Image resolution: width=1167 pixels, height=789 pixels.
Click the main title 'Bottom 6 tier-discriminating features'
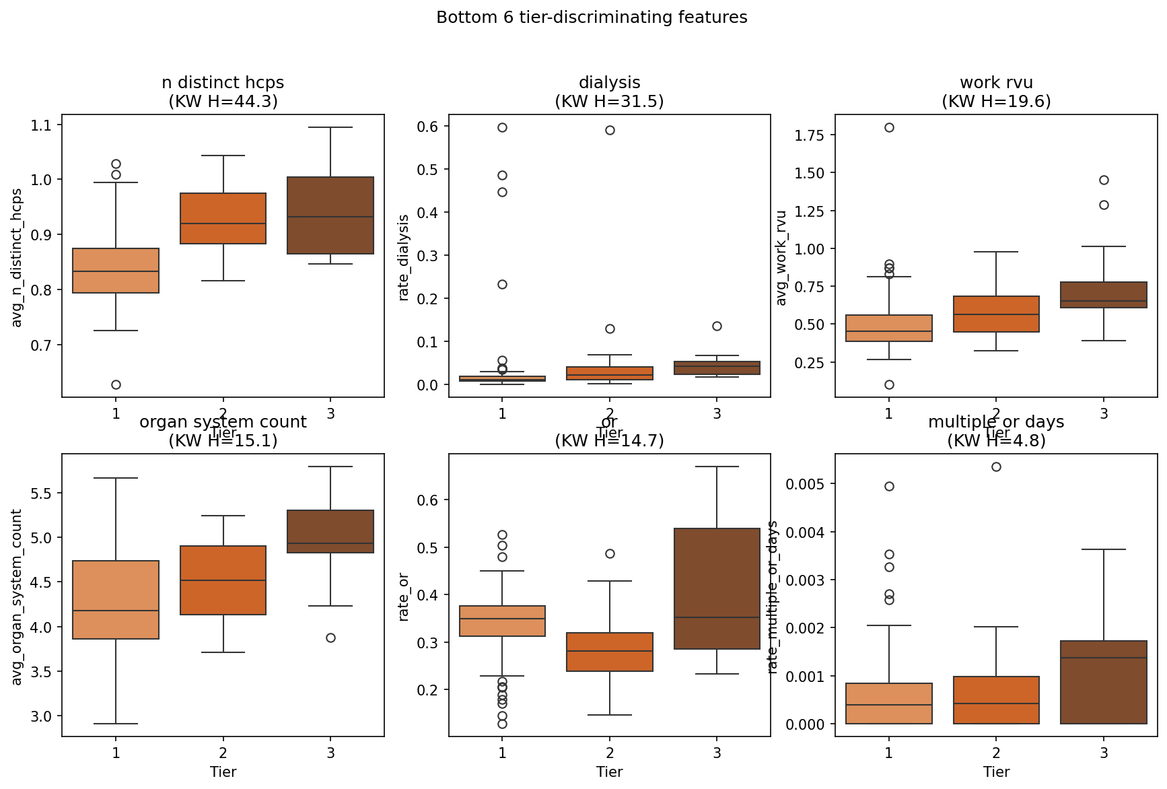tap(592, 18)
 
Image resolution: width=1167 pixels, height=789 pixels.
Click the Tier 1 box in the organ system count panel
tap(116, 599)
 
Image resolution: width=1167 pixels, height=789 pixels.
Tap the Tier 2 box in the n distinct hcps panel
tap(223, 218)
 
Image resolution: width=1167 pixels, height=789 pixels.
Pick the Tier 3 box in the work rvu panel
tap(1104, 295)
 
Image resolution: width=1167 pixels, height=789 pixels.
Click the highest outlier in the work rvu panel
tap(889, 127)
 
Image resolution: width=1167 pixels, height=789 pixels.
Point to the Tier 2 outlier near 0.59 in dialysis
tap(610, 130)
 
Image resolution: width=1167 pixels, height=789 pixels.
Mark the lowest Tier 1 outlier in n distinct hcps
tap(116, 384)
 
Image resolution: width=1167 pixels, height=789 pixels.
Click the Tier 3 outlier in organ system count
tap(330, 638)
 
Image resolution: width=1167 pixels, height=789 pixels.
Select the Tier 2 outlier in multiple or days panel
tap(996, 467)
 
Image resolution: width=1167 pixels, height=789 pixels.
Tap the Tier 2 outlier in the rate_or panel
tap(610, 553)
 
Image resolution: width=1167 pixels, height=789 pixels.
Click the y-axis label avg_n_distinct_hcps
tap(17, 258)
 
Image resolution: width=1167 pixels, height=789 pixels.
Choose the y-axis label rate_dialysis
tap(404, 257)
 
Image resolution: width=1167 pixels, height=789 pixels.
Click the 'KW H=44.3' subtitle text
tap(223, 102)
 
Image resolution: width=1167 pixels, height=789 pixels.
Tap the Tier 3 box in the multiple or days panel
tap(1104, 682)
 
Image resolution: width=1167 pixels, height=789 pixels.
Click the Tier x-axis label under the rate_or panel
tap(609, 772)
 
